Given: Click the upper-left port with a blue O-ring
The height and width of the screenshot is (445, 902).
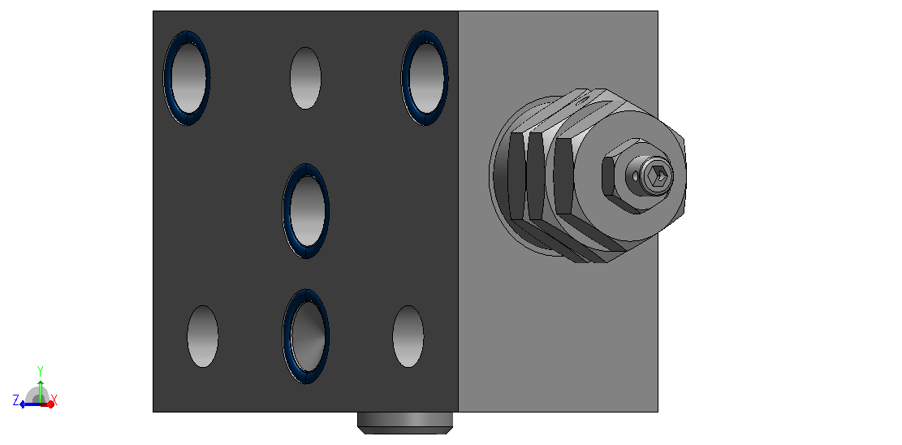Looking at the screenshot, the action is [187, 78].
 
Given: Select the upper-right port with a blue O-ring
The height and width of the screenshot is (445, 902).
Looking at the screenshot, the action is [425, 78].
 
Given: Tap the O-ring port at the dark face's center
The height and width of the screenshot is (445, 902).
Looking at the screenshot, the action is [305, 210].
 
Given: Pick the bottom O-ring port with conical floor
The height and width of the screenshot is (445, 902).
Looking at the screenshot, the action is [305, 336].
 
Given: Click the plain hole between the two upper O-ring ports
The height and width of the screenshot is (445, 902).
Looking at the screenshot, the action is [305, 78].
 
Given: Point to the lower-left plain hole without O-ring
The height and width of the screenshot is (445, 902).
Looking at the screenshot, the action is [203, 336].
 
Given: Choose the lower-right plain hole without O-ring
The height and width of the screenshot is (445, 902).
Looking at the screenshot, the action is [408, 336].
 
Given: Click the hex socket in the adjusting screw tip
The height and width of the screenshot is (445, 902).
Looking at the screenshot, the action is [658, 175].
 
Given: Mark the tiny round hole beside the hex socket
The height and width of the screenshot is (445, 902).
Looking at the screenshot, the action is [635, 175].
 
